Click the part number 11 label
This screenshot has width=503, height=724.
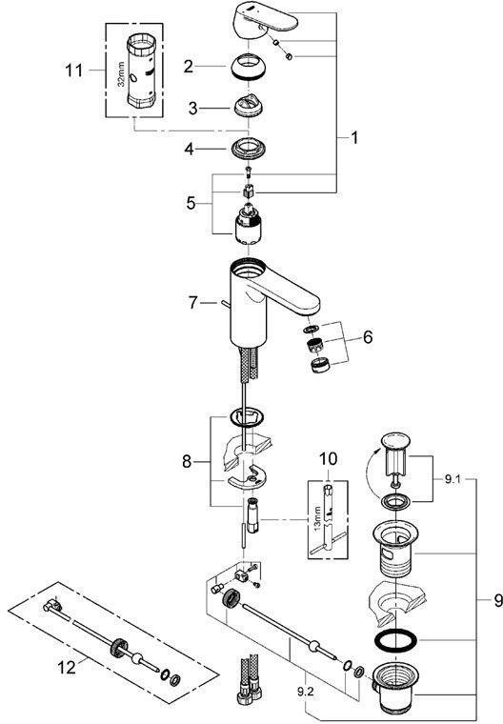coord(74,70)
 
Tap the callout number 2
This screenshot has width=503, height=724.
coord(188,67)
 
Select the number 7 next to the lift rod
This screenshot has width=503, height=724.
coord(192,303)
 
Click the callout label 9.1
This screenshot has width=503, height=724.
coord(453,480)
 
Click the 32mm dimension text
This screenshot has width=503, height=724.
coord(122,75)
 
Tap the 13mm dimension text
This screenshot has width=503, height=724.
coord(316,519)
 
